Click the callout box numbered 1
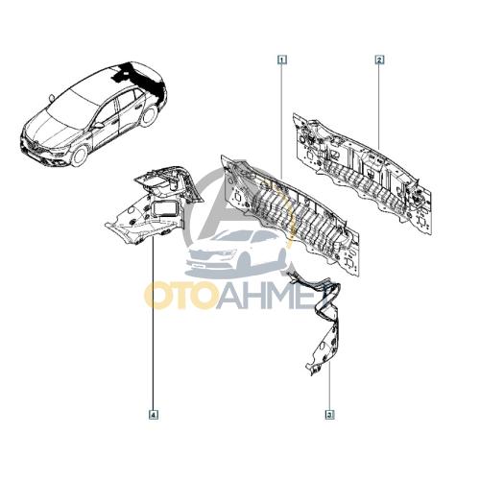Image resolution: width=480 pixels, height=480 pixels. (282, 60)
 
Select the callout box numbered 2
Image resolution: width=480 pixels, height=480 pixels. (379, 60)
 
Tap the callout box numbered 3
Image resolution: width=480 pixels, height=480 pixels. (329, 415)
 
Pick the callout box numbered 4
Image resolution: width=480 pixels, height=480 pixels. (154, 415)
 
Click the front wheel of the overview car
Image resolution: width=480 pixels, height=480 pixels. (79, 156)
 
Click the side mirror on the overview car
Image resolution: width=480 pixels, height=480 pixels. (98, 126)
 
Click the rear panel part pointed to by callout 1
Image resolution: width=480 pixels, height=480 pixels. (290, 214)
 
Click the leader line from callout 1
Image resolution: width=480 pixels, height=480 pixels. (282, 122)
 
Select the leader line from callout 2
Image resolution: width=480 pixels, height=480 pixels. (379, 107)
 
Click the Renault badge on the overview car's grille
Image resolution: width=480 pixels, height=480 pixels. (32, 145)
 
